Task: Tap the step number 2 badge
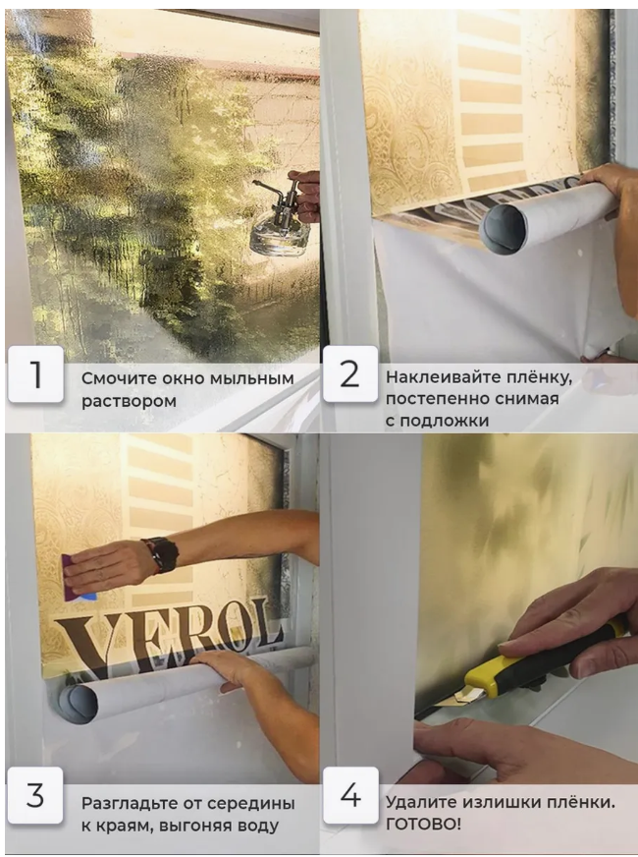(x=349, y=373)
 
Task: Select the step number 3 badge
(x=35, y=795)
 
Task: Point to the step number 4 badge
(x=349, y=795)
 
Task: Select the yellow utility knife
(x=540, y=662)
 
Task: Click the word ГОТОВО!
(x=423, y=824)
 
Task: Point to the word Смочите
(x=114, y=378)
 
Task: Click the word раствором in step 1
(x=129, y=401)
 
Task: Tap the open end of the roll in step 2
(x=505, y=228)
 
